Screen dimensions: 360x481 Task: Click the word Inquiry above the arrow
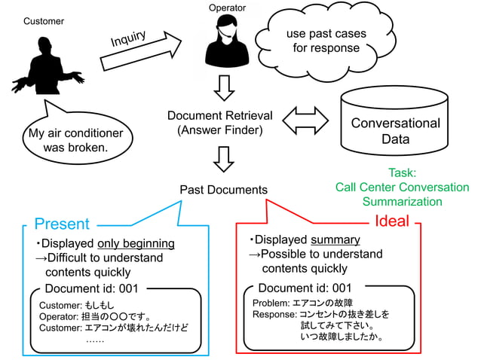tap(128, 38)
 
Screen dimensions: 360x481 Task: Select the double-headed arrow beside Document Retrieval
tap(305, 121)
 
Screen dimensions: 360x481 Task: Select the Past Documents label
tap(223, 189)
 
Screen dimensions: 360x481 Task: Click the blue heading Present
tap(62, 224)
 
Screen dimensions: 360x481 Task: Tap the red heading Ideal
tap(392, 221)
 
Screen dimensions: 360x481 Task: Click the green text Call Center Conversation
tap(402, 187)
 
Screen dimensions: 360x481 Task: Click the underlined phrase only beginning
tap(136, 243)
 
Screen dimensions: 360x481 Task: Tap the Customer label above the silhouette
tap(44, 21)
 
